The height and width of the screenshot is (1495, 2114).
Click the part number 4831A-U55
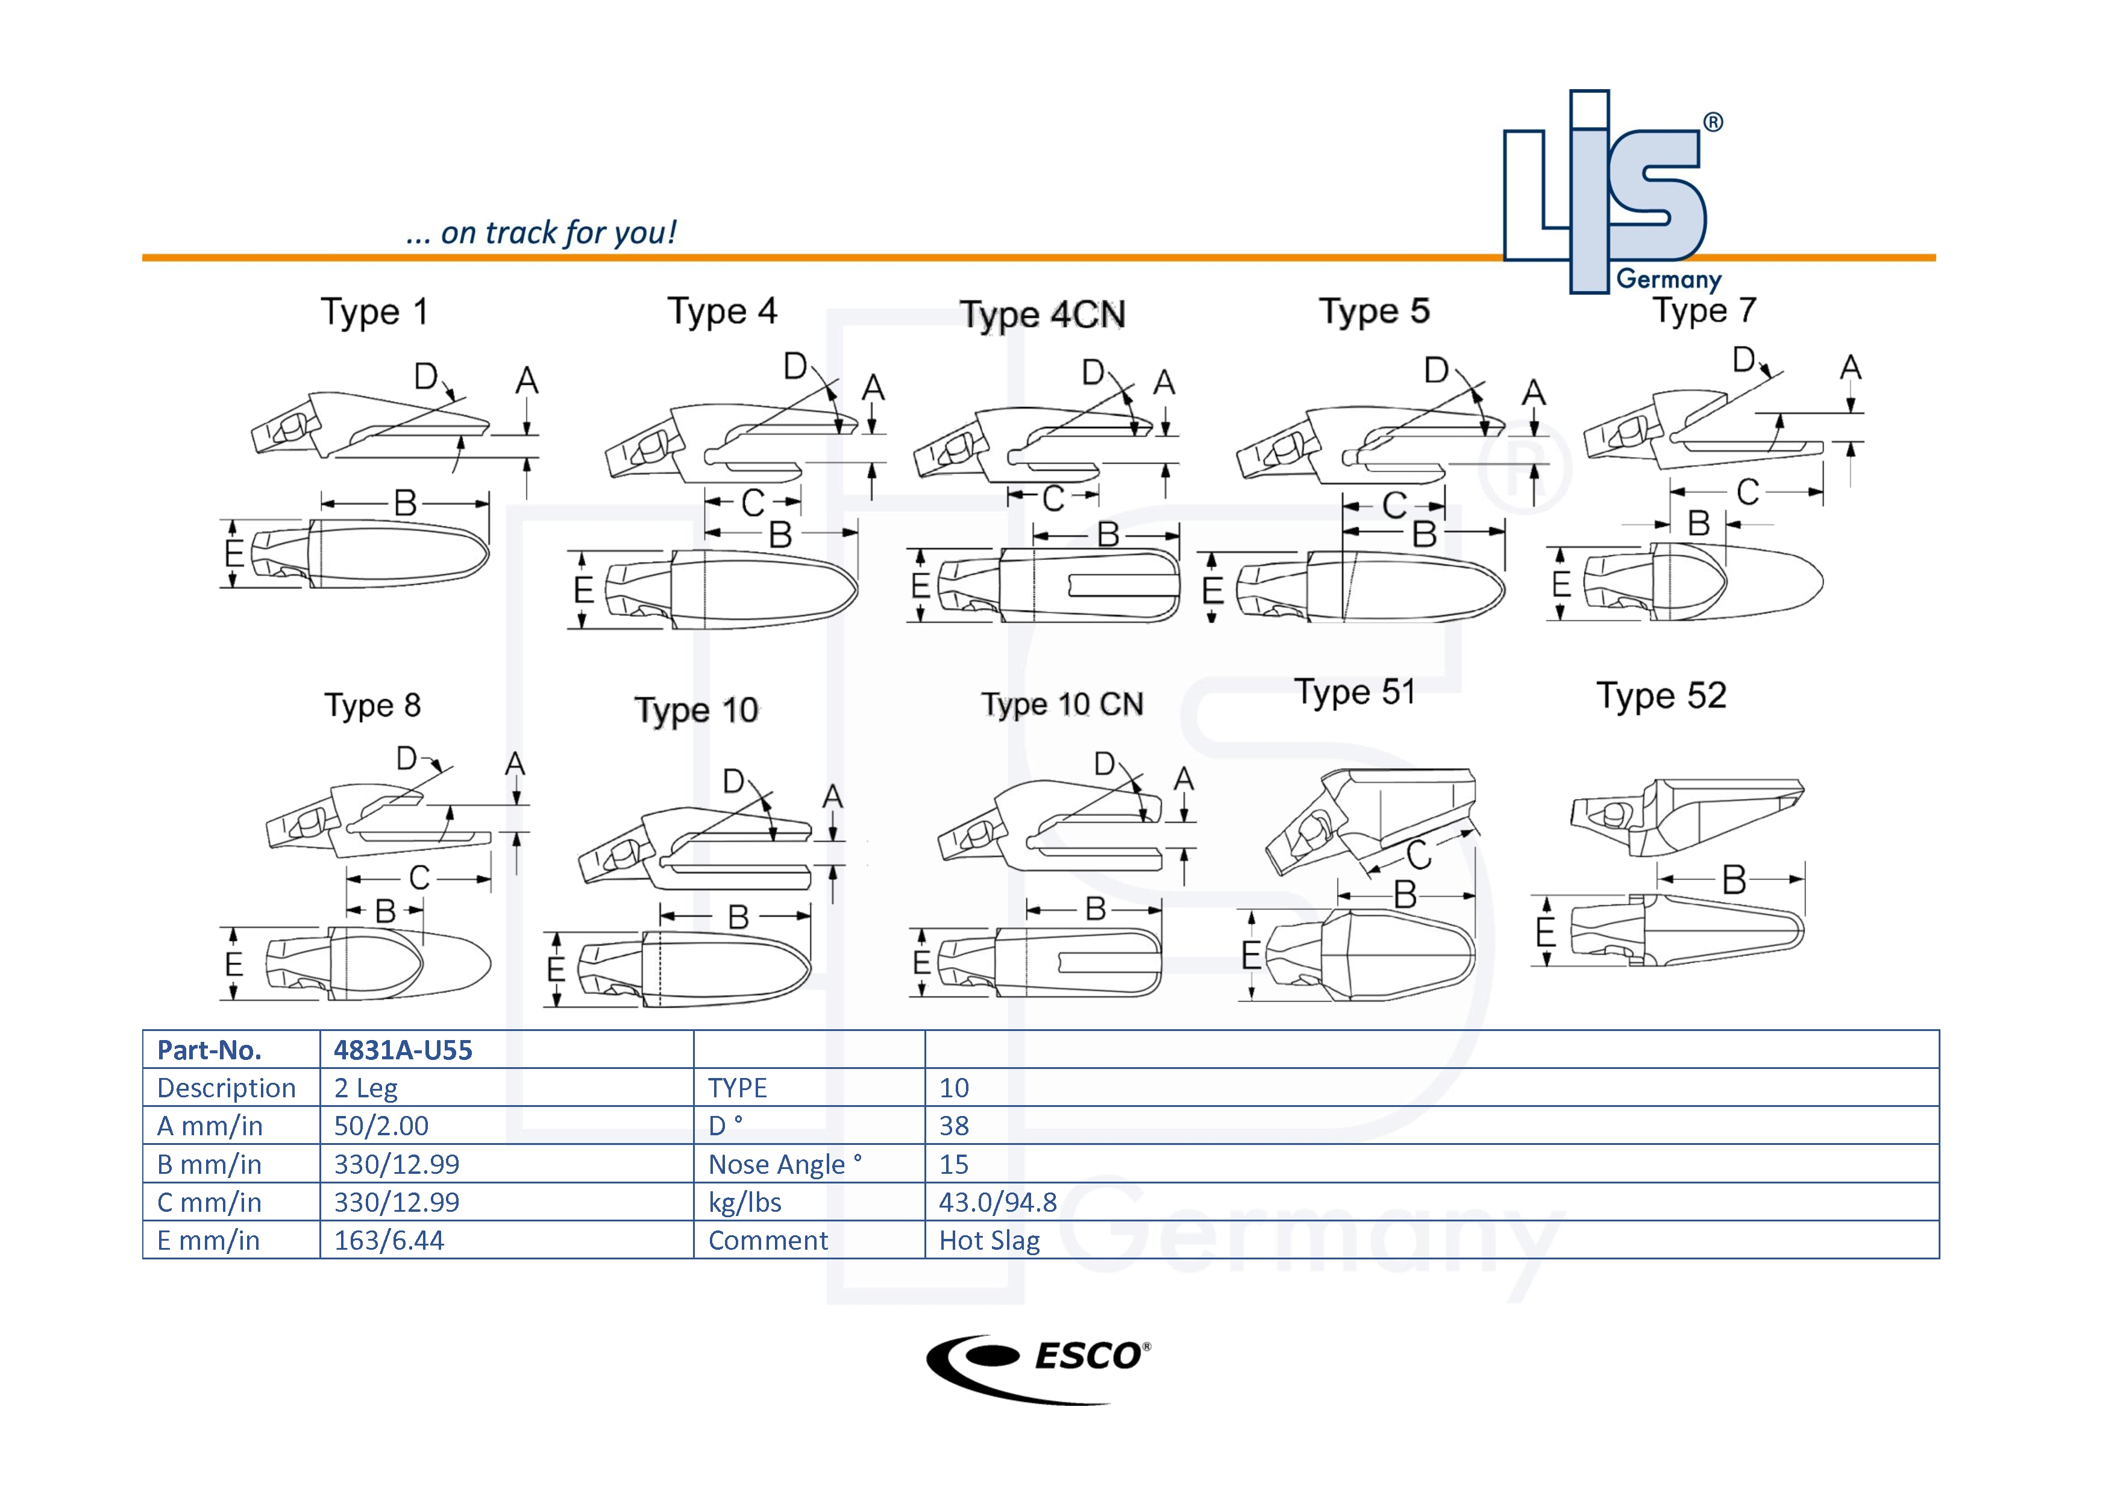pos(403,1050)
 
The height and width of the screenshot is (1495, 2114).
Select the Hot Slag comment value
pos(989,1240)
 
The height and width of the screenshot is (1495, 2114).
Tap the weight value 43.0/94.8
pos(997,1202)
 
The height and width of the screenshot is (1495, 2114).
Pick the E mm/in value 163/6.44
pos(389,1240)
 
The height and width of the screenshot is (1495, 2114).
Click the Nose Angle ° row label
pos(785,1165)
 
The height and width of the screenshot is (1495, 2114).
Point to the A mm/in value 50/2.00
pos(381,1126)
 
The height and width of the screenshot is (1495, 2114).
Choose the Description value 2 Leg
pos(366,1088)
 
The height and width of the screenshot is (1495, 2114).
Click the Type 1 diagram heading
pos(374,312)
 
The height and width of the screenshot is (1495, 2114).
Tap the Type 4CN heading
pos(1043,315)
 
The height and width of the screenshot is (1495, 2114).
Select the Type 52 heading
pos(1661,696)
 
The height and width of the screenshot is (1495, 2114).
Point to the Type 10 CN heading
pos(1062,704)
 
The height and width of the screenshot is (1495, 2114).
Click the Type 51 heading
pos(1355,692)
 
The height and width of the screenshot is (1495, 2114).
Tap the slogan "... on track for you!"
pos(541,233)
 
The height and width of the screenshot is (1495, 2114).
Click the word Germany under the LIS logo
pos(1669,279)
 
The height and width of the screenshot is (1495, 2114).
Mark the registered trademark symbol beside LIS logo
pos(1713,122)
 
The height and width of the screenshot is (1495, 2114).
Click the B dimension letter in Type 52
pos(1734,880)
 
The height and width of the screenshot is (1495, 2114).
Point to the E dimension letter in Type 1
pos(234,553)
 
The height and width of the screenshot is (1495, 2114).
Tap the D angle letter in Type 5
pos(1435,371)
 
